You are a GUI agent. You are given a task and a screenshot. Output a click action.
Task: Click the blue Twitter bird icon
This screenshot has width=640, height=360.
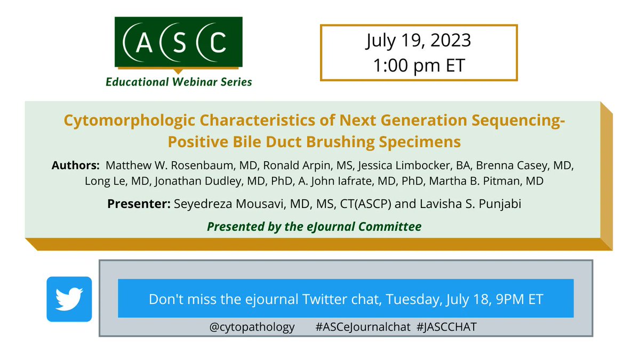point(69,299)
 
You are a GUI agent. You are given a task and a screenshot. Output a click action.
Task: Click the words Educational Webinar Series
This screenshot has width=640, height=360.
point(179,82)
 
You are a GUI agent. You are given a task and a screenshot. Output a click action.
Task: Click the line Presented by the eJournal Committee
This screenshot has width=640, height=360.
point(314,227)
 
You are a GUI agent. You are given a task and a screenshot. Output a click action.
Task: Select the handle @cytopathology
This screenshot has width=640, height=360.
point(252,327)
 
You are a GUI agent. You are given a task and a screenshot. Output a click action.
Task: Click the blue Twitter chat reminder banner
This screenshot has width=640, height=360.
point(346,299)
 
